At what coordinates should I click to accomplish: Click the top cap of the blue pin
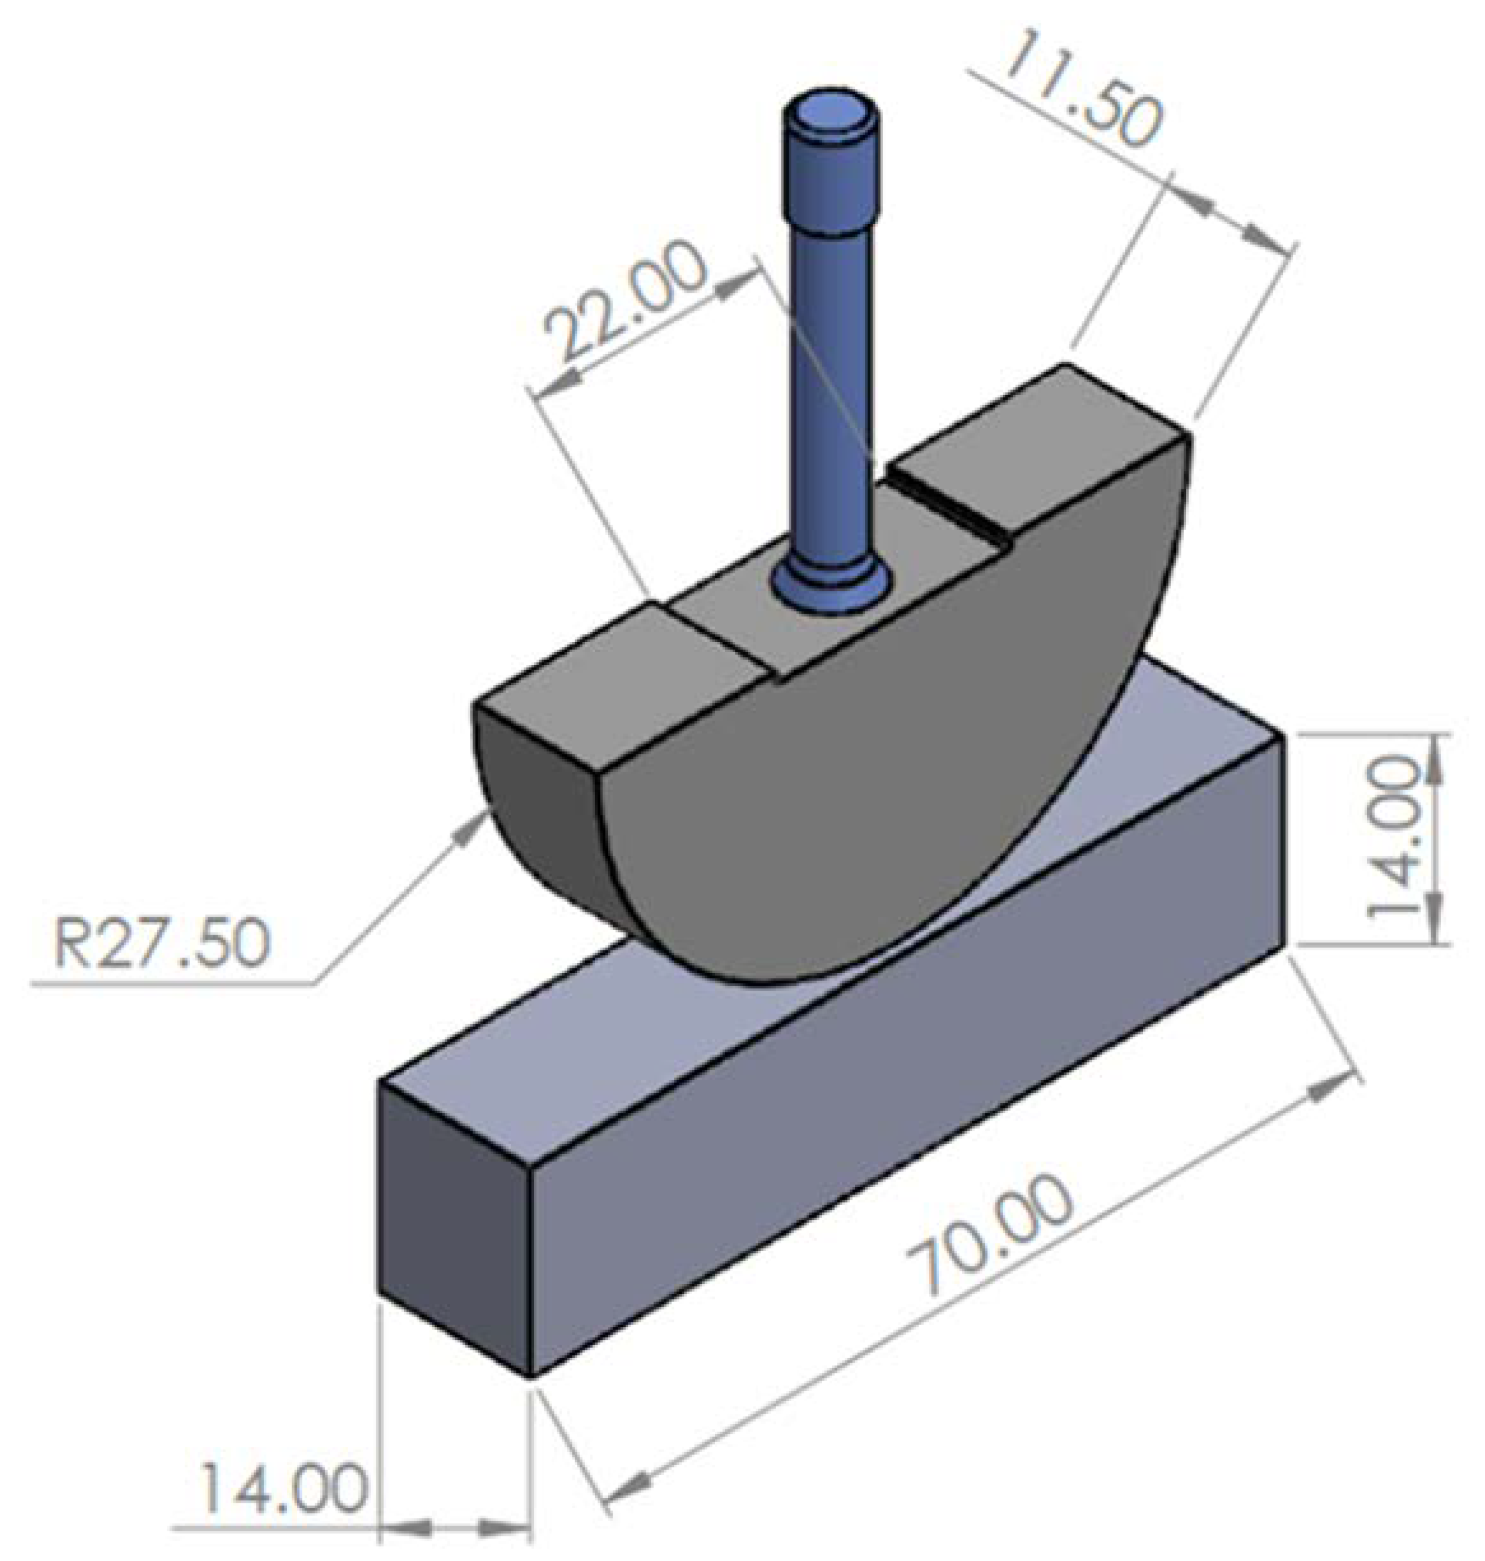tap(830, 115)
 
